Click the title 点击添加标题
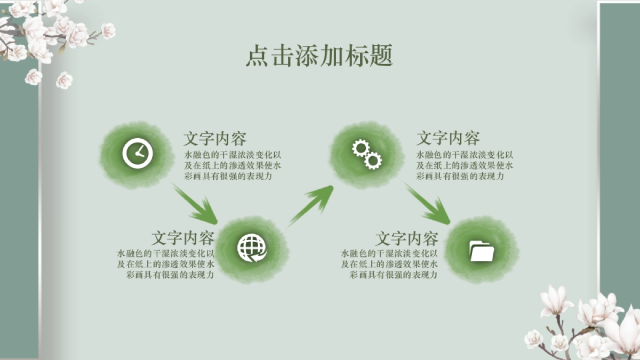point(319,55)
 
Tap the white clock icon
point(138,154)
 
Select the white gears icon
point(367,154)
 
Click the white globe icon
point(252,249)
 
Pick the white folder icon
point(482,251)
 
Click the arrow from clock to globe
point(196,205)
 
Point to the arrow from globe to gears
point(312,205)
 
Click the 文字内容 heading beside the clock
point(215,139)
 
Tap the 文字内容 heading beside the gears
point(448,139)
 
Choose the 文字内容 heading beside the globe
point(183,238)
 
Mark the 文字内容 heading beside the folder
point(407,238)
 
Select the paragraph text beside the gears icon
point(465,165)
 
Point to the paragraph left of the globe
point(166,264)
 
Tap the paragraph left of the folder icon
point(390,264)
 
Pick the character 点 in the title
point(257,55)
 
